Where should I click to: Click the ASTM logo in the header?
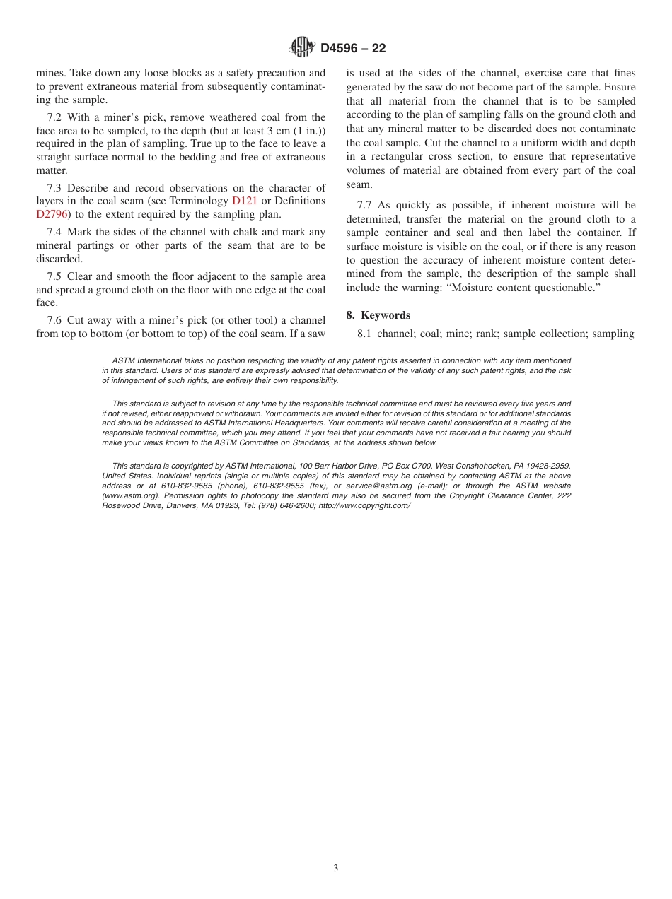click(x=302, y=47)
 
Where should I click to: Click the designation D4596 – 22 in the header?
click(x=353, y=48)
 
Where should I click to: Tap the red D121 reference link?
click(x=245, y=201)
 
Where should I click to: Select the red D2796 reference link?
click(x=52, y=214)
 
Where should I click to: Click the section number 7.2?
click(x=54, y=117)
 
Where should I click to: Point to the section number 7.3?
click(x=54, y=188)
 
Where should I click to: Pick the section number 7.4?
click(x=54, y=232)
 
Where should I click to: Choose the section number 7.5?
click(x=54, y=276)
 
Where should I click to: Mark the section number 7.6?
click(x=54, y=320)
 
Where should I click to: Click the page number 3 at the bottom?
click(x=336, y=869)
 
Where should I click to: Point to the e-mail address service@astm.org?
click(x=378, y=486)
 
